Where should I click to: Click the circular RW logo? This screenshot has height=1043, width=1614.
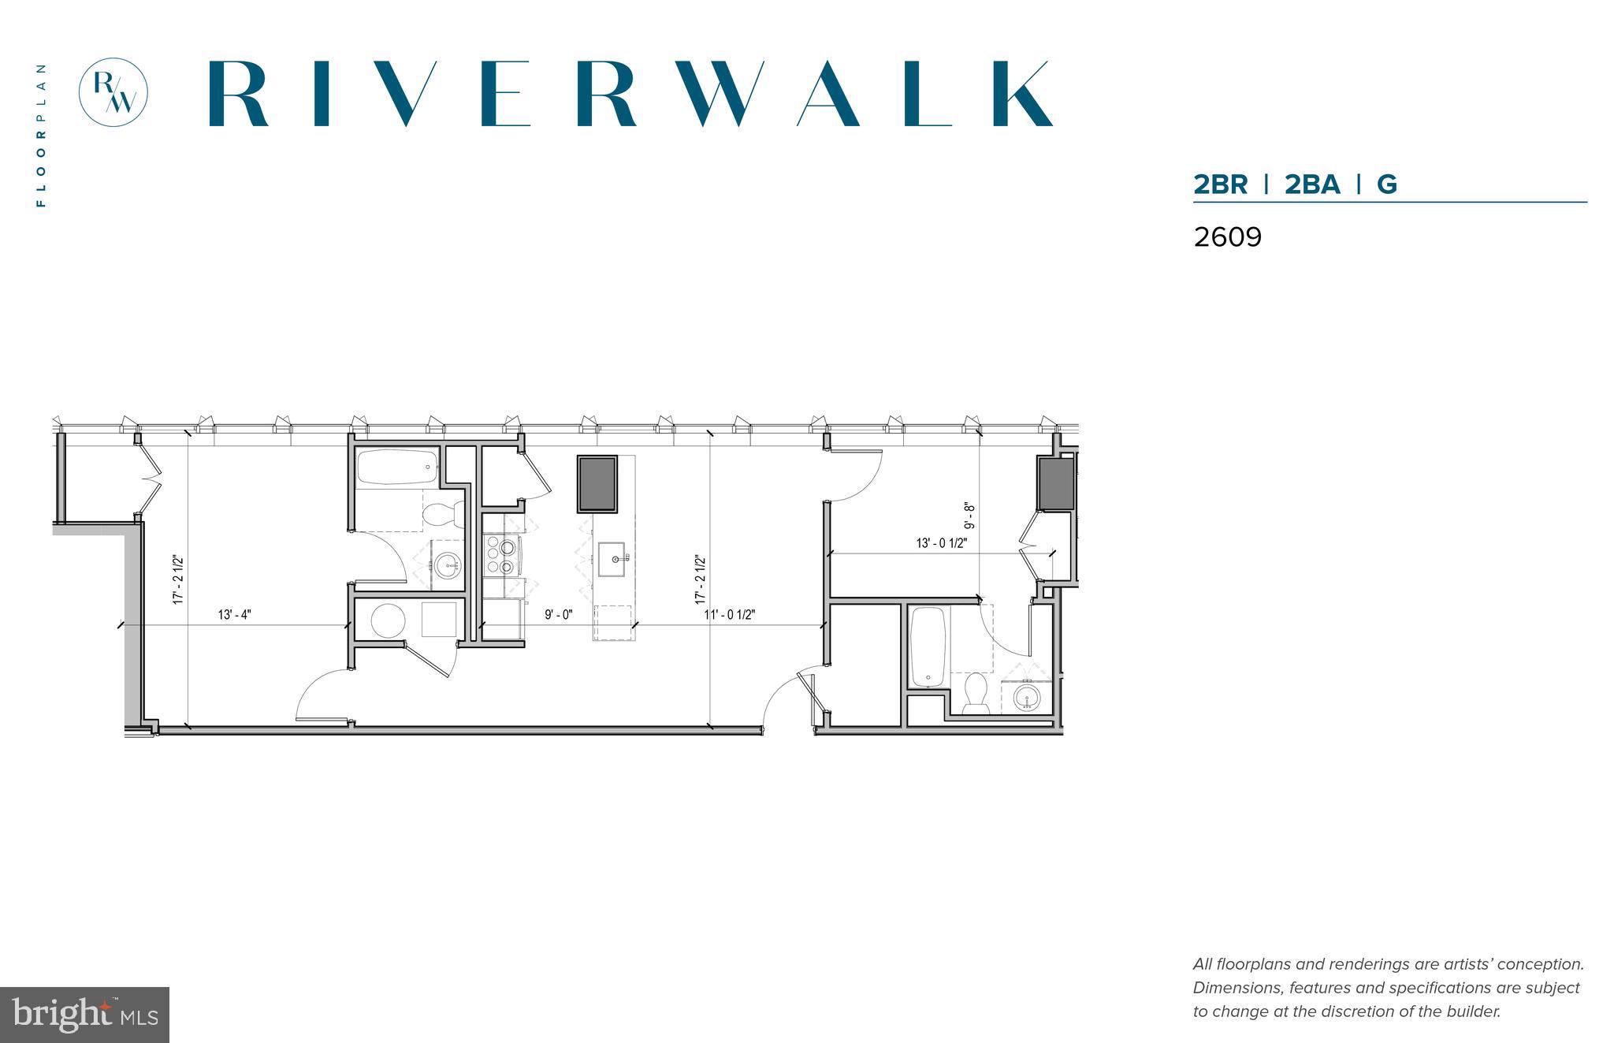point(113,91)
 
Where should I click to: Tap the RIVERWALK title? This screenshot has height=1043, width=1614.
point(630,94)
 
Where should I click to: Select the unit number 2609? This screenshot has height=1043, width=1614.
point(1227,237)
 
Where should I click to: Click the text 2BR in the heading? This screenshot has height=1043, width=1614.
point(1220,184)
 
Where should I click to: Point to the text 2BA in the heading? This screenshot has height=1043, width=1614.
point(1312,184)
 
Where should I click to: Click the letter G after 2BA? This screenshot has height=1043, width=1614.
point(1386,184)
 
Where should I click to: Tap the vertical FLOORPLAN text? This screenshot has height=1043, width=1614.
point(41,135)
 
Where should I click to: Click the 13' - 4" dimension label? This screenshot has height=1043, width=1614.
point(234,615)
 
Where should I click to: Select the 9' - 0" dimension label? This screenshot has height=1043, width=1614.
point(558,615)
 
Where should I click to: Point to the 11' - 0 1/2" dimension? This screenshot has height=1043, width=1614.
point(729,615)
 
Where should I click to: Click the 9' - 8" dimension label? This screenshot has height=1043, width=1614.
point(970,516)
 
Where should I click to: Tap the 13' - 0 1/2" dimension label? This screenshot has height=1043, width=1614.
point(941,543)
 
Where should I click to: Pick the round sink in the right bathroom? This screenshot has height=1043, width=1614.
point(1026,697)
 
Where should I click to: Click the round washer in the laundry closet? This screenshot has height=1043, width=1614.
point(387,620)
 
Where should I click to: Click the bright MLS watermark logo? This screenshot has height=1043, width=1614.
point(84,1015)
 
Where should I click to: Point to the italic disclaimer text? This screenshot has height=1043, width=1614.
point(1388,988)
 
